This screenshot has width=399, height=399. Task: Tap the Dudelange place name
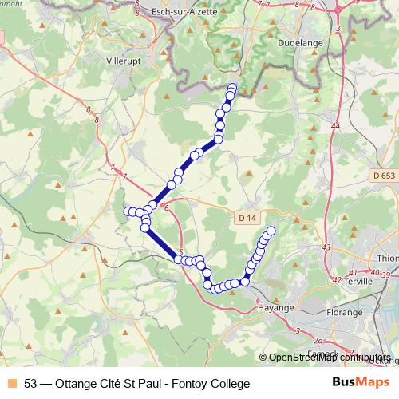[x=299, y=45]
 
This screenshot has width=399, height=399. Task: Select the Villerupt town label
[x=124, y=60]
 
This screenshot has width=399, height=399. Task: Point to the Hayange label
[x=277, y=307]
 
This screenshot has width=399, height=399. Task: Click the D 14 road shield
[x=248, y=217]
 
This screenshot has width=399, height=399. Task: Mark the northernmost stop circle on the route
[x=233, y=87]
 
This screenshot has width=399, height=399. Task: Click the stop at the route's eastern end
[x=271, y=231]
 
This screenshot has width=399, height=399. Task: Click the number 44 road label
[x=334, y=127]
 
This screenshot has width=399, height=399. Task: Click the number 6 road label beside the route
[x=166, y=208]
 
